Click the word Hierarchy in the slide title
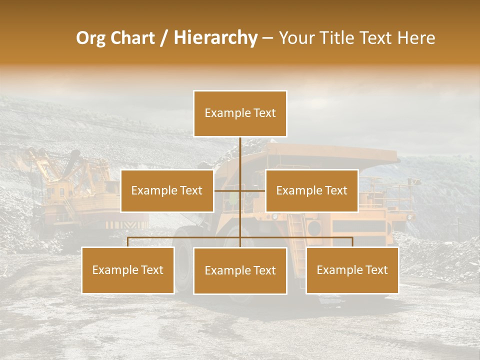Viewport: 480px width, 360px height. pyautogui.click(x=215, y=38)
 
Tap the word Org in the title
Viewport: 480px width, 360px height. pyautogui.click(x=91, y=38)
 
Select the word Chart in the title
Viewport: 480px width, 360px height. pyautogui.click(x=133, y=38)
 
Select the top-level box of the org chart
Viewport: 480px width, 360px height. pyautogui.click(x=240, y=113)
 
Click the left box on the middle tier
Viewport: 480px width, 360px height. pyautogui.click(x=167, y=190)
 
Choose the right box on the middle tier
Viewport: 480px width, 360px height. pyautogui.click(x=311, y=190)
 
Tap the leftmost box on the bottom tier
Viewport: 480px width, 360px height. pyautogui.click(x=128, y=270)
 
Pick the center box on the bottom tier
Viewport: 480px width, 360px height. pyautogui.click(x=240, y=270)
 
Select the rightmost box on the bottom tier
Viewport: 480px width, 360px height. pyautogui.click(x=352, y=270)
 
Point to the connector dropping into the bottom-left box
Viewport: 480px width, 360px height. pyautogui.click(x=128, y=242)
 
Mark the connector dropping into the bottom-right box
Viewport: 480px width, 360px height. pyautogui.click(x=352, y=242)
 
